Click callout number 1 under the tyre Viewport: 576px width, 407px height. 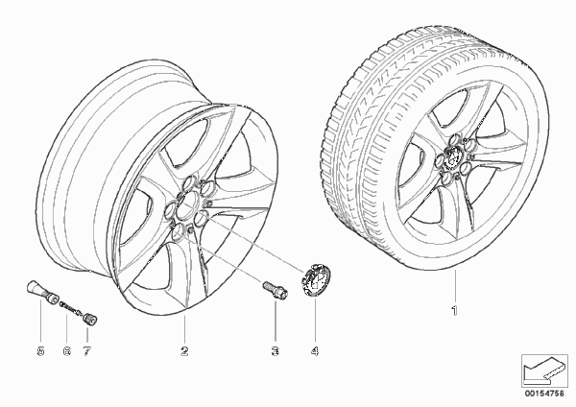tap(455, 311)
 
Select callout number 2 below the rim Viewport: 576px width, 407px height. tap(184, 351)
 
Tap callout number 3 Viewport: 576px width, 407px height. tap(276, 351)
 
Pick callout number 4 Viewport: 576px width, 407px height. tap(315, 351)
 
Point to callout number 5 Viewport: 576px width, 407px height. tap(40, 351)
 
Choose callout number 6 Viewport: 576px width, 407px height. tap(66, 351)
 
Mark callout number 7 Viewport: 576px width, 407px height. tap(86, 351)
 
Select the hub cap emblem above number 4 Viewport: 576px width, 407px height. tap(315, 279)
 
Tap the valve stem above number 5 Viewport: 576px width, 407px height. tap(41, 293)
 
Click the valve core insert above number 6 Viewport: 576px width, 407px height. tap(71, 308)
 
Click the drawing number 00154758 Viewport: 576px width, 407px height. tap(544, 394)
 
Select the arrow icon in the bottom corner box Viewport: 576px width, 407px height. tap(543, 370)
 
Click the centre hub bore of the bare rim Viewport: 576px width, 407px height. tap(188, 205)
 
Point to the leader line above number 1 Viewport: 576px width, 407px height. tap(455, 286)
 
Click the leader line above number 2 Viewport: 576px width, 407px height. tap(184, 329)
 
